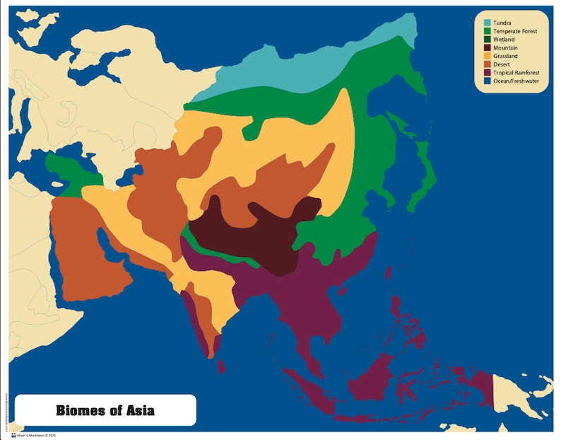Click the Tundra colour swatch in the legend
[x=488, y=23]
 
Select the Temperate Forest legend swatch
[x=488, y=32]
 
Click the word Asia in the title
[x=138, y=410]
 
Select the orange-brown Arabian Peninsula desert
[x=85, y=248]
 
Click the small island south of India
[x=221, y=366]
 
